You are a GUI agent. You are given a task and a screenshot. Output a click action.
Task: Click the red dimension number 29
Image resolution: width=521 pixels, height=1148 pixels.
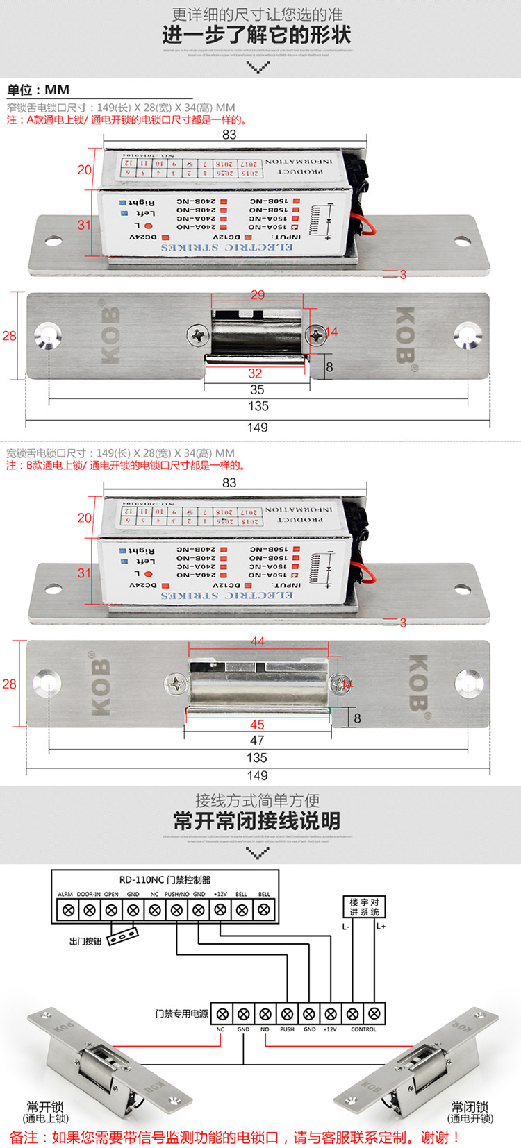coord(258,295)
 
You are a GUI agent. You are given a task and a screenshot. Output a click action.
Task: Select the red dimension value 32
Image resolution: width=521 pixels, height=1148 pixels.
coord(255,373)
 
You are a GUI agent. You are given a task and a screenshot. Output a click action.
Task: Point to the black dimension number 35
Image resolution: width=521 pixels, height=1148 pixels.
coord(257,389)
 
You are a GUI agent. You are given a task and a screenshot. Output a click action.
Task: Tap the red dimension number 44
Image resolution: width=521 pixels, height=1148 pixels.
coord(258,641)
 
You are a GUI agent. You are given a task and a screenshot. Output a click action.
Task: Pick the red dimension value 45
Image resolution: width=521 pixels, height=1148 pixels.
coord(257,725)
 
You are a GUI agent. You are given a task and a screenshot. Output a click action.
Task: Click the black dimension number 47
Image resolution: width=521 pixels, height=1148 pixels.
coord(257,741)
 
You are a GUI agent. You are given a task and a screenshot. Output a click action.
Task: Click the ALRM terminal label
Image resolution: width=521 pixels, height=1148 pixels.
coord(65,894)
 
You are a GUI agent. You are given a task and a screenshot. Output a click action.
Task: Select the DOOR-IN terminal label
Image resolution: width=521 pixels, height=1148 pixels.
coord(88,894)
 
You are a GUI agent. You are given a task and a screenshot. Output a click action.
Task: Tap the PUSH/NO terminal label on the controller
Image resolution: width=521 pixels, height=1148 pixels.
coord(176,894)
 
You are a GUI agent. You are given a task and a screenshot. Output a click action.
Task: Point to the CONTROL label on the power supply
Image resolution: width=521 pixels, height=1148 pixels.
coord(363,1029)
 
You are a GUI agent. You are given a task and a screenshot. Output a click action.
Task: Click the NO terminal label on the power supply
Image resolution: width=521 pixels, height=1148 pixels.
coord(265,1029)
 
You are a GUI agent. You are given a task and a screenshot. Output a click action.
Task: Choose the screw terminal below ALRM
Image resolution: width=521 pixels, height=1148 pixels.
coord(67,909)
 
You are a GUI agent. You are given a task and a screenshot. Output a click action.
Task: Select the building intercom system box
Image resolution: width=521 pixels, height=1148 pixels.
coord(364,907)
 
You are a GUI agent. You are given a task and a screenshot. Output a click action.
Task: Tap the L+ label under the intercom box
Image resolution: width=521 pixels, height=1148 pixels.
coord(381,926)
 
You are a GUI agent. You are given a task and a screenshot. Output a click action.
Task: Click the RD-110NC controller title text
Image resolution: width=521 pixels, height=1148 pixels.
coord(165,879)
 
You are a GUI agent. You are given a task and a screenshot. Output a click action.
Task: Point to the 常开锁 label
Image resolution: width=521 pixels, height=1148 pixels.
coord(45,1106)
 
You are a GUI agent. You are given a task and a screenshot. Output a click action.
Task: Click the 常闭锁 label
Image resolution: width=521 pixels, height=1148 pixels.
coord(470,1106)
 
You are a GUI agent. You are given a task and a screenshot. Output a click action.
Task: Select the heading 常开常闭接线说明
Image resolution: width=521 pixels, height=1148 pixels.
coord(257,821)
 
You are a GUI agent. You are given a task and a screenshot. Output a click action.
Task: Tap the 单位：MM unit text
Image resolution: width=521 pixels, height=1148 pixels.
coord(38,90)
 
